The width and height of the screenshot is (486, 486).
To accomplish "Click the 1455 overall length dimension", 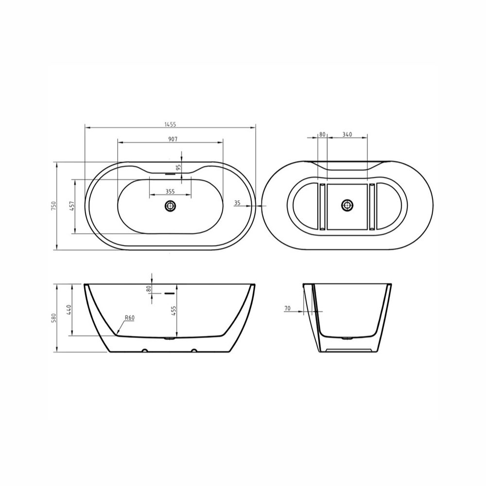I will point(171,124).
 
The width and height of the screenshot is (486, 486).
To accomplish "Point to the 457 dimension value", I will point(71,206).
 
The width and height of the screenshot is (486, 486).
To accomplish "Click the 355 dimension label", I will point(170,191).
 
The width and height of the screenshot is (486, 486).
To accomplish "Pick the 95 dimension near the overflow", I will point(178,167).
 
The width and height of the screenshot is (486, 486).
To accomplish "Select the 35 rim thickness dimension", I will point(237,203).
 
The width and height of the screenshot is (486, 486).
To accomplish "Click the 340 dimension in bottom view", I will point(347,134).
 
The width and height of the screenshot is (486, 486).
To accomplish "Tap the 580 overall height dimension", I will point(54,318).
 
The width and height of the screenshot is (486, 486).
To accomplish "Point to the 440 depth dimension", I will point(69,310).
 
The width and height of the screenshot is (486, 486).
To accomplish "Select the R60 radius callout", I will point(129,318).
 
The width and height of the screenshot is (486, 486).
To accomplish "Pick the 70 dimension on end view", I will point(287,308).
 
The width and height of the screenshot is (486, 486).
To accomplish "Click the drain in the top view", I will point(170,206).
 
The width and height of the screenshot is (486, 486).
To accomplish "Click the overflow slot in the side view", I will point(169,294).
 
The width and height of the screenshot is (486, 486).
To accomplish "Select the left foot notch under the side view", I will point(144,350).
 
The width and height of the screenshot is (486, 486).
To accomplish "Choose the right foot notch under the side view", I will point(194,350).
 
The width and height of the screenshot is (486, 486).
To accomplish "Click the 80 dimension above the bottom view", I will point(322,134).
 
